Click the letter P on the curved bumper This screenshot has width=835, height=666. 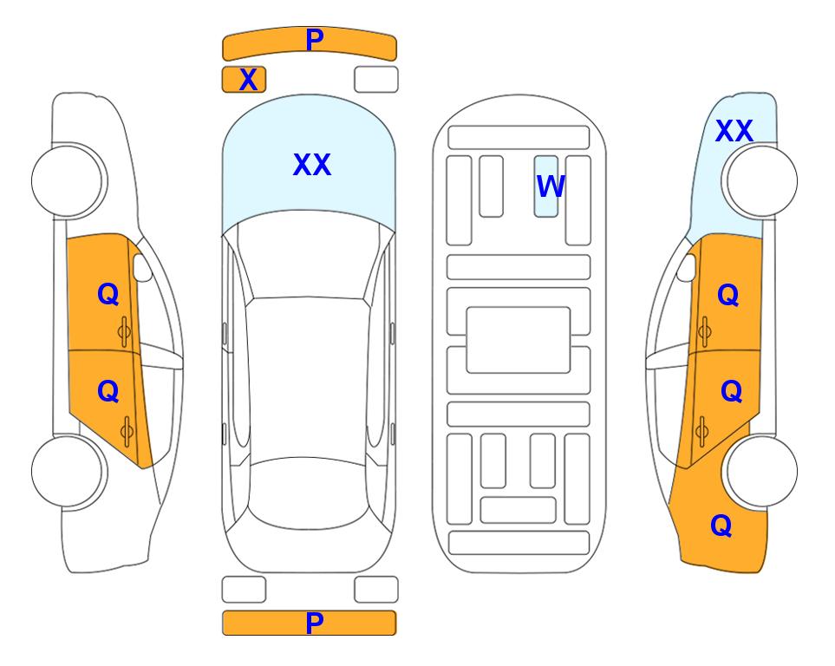314,40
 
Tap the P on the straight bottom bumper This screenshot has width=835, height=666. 314,623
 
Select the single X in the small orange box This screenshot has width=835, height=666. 248,80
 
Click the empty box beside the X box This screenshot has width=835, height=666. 376,80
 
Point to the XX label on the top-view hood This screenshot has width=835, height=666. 312,165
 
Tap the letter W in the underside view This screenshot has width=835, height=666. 551,186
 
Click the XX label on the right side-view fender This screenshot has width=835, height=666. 734,131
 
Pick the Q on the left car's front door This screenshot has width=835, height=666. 108,294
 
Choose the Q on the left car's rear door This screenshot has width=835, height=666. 108,392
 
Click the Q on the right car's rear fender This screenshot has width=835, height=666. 721,526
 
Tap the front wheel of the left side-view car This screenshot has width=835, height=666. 68,181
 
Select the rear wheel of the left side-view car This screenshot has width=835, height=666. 68,471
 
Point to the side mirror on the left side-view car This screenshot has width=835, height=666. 141,267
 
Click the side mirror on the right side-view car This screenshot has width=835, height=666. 687,267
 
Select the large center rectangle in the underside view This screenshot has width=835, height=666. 519,340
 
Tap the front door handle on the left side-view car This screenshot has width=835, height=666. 124,331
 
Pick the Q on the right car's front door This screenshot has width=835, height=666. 728,295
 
